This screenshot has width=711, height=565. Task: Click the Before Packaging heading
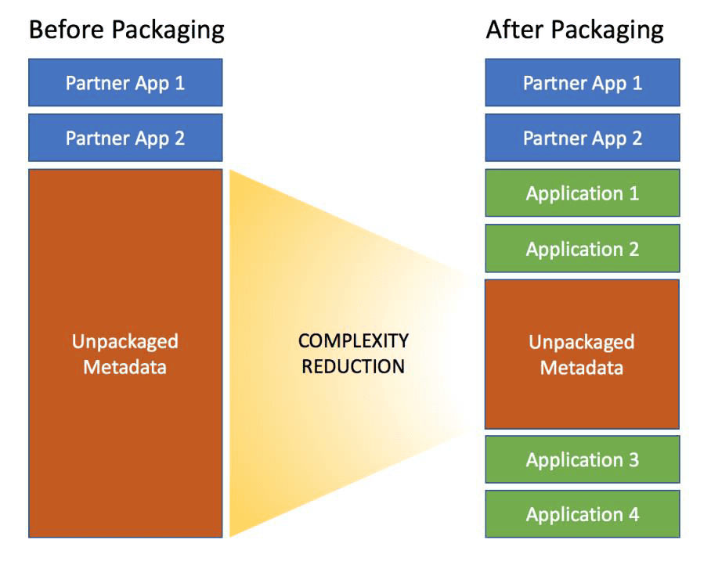click(x=127, y=31)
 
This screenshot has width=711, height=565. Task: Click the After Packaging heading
click(x=575, y=31)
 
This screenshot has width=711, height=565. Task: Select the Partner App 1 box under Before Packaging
click(x=125, y=82)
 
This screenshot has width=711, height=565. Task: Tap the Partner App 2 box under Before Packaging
click(x=125, y=138)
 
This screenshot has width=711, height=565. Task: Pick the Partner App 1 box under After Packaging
click(x=583, y=82)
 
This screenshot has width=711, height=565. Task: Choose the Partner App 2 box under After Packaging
click(x=583, y=138)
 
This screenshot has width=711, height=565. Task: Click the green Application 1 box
click(x=583, y=193)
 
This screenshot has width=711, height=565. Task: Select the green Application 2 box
click(x=583, y=248)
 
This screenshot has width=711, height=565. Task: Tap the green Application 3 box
click(x=583, y=459)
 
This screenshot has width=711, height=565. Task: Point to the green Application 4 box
click(x=583, y=514)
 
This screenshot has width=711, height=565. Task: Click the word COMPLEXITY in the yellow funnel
click(x=353, y=340)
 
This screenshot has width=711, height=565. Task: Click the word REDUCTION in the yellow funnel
click(x=353, y=366)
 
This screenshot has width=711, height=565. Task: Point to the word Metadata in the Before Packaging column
click(x=125, y=367)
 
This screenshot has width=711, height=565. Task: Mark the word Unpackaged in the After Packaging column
click(x=582, y=343)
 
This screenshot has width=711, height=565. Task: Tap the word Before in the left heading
click(x=60, y=30)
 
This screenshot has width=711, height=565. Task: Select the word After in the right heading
click(x=514, y=30)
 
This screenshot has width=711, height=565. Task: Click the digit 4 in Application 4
click(x=633, y=514)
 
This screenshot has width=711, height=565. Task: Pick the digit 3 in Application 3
click(x=633, y=459)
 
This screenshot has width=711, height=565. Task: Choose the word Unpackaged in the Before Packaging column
click(x=125, y=342)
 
